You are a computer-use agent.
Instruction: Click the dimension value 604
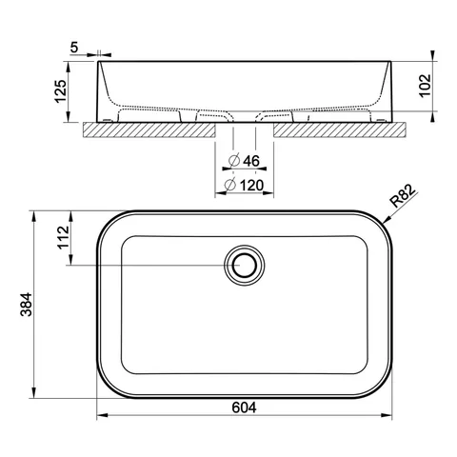click(x=244, y=407)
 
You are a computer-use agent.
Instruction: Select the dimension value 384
click(x=27, y=305)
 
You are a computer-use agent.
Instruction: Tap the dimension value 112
click(x=63, y=237)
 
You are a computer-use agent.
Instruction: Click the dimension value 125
click(x=61, y=91)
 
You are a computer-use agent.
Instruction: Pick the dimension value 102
click(x=426, y=86)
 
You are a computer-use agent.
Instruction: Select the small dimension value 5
click(x=74, y=48)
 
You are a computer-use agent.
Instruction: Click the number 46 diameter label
click(x=251, y=161)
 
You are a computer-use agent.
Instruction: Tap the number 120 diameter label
click(x=251, y=186)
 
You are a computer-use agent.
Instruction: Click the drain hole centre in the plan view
click(x=244, y=265)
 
